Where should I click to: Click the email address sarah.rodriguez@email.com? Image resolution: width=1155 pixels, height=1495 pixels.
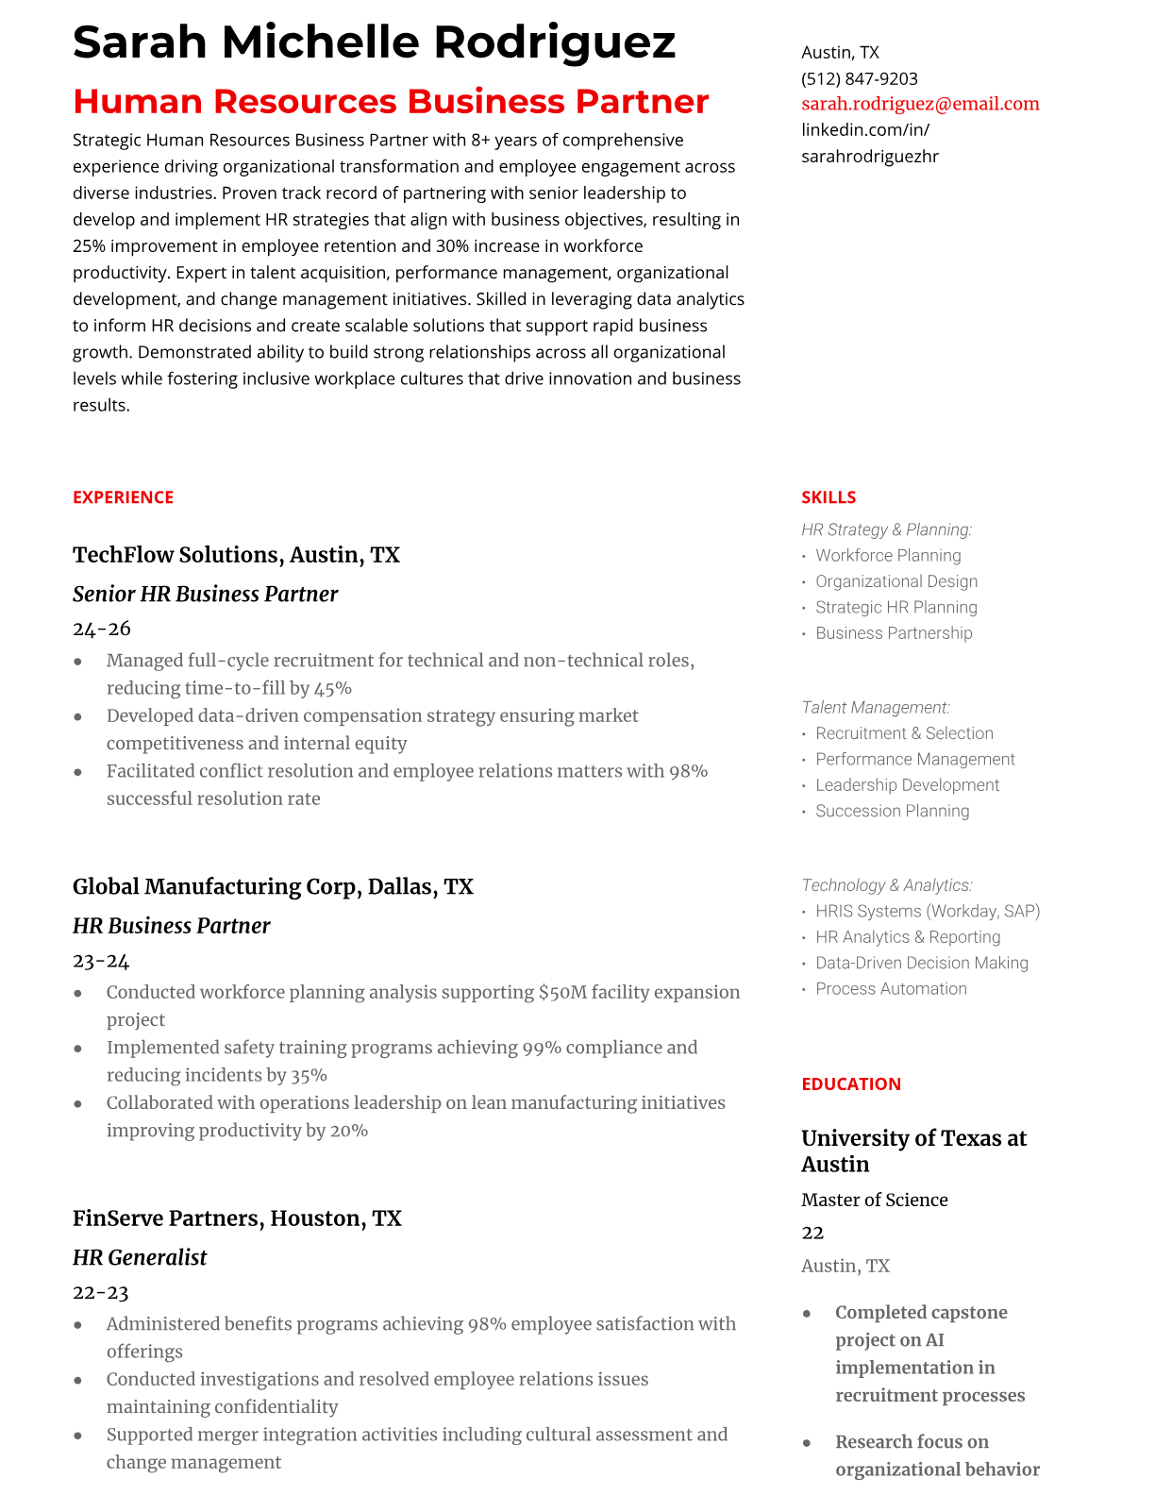[x=920, y=104]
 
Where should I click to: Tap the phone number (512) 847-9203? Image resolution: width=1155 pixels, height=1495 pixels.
[x=859, y=78]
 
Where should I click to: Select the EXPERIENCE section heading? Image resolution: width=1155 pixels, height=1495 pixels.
[x=123, y=497]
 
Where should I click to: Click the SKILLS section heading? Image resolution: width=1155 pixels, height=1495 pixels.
[x=829, y=497]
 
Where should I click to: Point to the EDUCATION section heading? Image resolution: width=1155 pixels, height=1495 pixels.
[x=850, y=1084]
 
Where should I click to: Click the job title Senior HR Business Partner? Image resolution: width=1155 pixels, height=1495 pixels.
[x=205, y=594]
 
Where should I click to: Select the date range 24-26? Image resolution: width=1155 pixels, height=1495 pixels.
[x=101, y=629]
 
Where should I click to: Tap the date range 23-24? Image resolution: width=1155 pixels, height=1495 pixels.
[x=101, y=961]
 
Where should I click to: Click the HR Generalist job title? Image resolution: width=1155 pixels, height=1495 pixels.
[x=140, y=1257]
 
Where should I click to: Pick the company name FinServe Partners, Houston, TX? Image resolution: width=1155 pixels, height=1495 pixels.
[x=237, y=1218]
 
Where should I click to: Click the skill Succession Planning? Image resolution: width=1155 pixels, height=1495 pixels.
[x=892, y=811]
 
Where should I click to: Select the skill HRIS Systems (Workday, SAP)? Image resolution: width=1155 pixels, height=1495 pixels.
[x=928, y=911]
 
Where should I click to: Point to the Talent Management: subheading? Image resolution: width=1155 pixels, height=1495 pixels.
[x=875, y=707]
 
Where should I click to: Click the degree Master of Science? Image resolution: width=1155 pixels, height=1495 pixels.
[x=874, y=1200]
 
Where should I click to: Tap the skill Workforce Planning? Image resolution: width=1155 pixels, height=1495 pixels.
[x=888, y=556]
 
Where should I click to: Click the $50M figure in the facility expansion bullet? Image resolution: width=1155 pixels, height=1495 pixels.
[x=562, y=992]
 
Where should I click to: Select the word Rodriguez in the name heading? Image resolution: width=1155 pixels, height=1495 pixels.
[x=555, y=42]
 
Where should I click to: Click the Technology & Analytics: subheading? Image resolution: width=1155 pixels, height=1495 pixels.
[x=886, y=885]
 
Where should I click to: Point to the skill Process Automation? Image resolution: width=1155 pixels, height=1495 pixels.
[x=891, y=988]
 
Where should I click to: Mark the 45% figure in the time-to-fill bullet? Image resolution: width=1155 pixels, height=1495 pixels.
[x=333, y=688]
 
